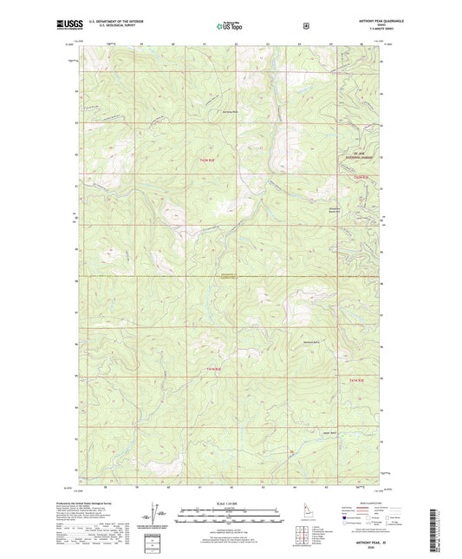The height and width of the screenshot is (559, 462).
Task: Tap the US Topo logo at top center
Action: click(230, 27)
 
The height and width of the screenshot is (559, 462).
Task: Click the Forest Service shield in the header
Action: click(305, 26)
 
